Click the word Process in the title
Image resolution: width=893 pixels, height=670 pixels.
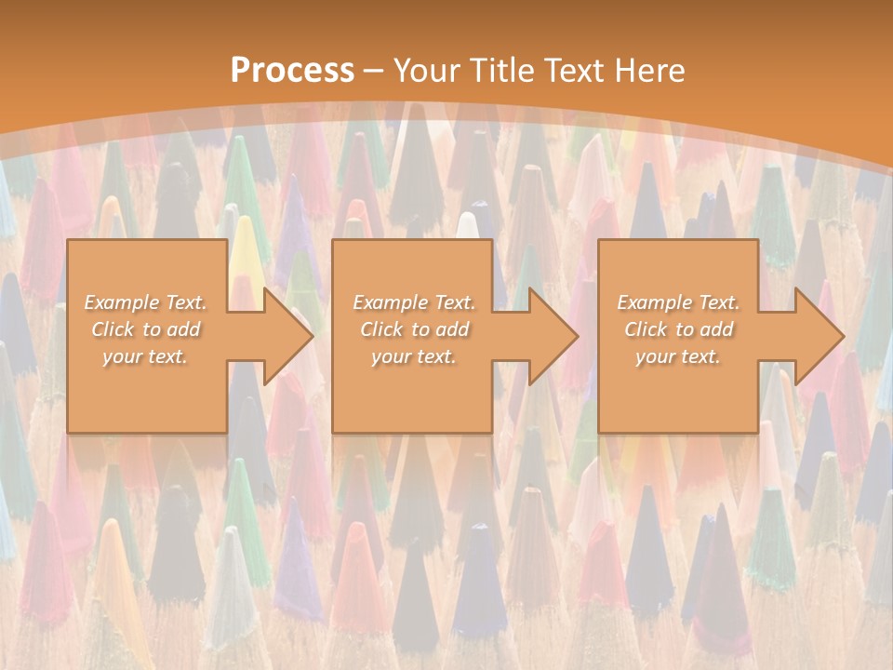pyautogui.click(x=292, y=71)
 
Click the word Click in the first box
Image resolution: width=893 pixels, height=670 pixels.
pyautogui.click(x=112, y=329)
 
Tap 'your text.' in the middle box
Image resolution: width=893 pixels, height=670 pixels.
pyautogui.click(x=414, y=356)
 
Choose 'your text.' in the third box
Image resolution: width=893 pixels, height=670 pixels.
pyautogui.click(x=678, y=356)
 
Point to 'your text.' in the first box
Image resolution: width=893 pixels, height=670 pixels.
pyautogui.click(x=145, y=356)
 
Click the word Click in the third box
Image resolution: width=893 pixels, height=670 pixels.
pyautogui.click(x=646, y=329)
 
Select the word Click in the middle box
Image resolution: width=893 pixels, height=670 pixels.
pyautogui.click(x=380, y=329)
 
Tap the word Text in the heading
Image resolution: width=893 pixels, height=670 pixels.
pyautogui.click(x=573, y=71)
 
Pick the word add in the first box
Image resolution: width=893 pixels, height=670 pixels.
pyautogui.click(x=182, y=329)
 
